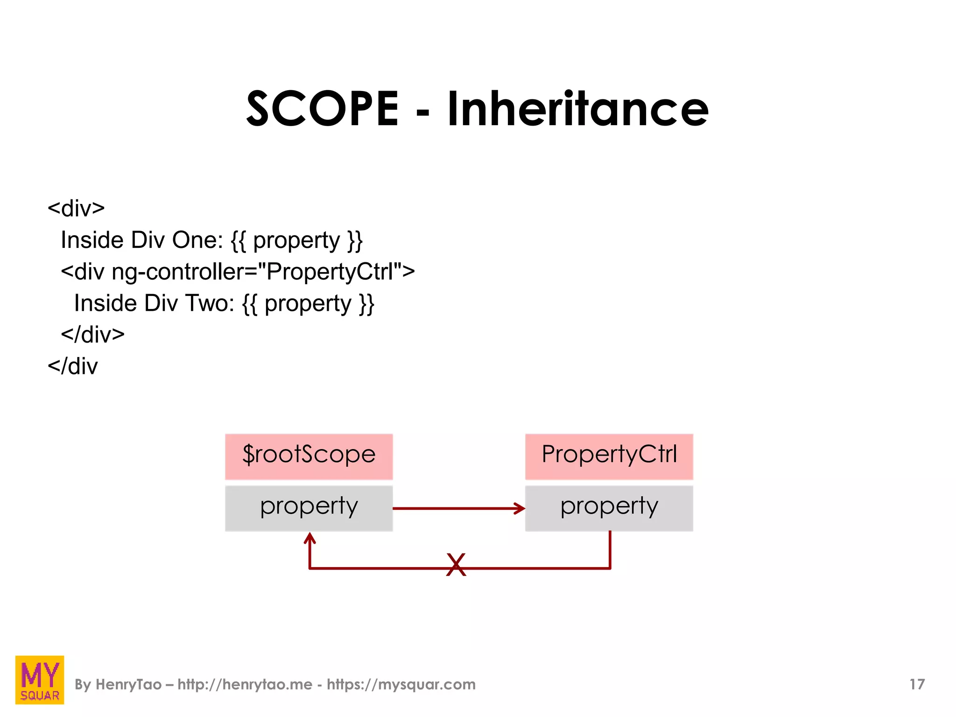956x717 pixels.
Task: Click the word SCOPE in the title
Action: click(x=322, y=109)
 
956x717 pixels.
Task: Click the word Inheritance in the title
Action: click(x=578, y=109)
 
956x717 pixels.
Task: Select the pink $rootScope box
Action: click(x=309, y=456)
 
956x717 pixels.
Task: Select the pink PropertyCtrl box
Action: click(x=609, y=456)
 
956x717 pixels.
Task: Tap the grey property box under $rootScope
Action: click(x=309, y=508)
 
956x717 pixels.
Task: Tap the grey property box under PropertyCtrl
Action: click(x=609, y=508)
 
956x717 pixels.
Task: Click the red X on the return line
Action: click(x=456, y=565)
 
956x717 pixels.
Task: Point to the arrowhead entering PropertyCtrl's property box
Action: click(x=520, y=508)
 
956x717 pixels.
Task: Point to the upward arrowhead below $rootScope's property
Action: click(x=309, y=539)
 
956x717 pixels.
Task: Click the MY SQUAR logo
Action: click(x=40, y=680)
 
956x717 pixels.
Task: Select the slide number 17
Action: click(x=917, y=684)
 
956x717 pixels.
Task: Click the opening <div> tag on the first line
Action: click(x=76, y=208)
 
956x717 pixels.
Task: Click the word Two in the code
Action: click(x=210, y=303)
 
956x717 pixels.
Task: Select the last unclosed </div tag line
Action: click(x=73, y=366)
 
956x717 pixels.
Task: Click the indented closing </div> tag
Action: click(x=93, y=335)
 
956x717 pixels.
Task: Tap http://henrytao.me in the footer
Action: click(x=245, y=684)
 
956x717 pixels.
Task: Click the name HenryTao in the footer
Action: click(x=128, y=684)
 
